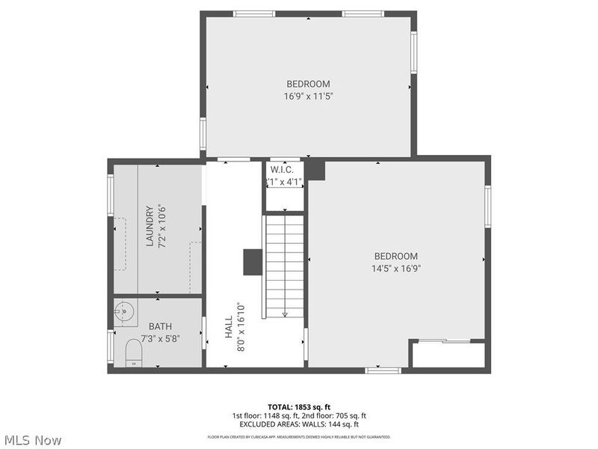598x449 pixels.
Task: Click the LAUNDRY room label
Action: (149, 226)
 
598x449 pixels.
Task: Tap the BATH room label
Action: (160, 326)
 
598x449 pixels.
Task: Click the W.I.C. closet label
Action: (282, 170)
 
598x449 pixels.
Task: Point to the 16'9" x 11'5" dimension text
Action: (308, 96)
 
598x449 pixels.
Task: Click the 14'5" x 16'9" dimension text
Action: (396, 268)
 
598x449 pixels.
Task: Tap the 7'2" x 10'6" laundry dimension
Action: (161, 226)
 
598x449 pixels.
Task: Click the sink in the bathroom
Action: (125, 311)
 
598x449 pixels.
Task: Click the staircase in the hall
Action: (285, 266)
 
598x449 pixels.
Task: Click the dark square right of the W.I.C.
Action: (316, 170)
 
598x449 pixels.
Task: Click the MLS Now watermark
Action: (33, 440)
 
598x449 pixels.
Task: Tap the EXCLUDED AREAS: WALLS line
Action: (298, 424)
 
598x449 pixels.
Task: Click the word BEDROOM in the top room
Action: (308, 84)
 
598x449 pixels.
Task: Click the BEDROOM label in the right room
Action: (396, 256)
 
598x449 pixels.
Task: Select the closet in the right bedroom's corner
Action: (449, 355)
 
